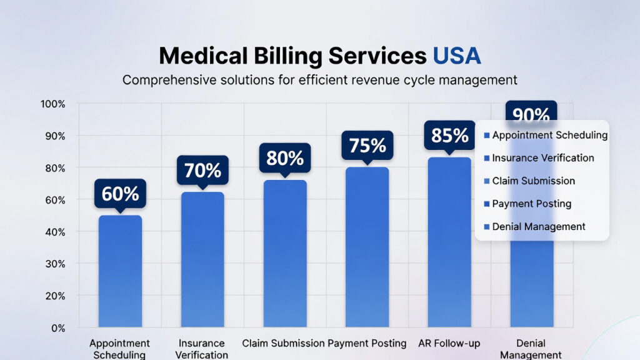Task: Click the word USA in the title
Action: (x=457, y=56)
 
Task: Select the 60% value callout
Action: (x=120, y=194)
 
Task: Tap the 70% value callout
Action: (x=202, y=170)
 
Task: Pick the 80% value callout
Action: (x=285, y=158)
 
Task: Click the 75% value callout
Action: (x=367, y=146)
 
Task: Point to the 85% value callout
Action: (x=450, y=135)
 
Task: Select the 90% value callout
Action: (x=531, y=114)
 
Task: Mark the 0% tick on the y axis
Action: (x=57, y=327)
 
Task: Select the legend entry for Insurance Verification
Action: (x=542, y=158)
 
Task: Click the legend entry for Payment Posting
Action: (x=531, y=204)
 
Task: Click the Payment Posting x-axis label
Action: (x=367, y=343)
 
